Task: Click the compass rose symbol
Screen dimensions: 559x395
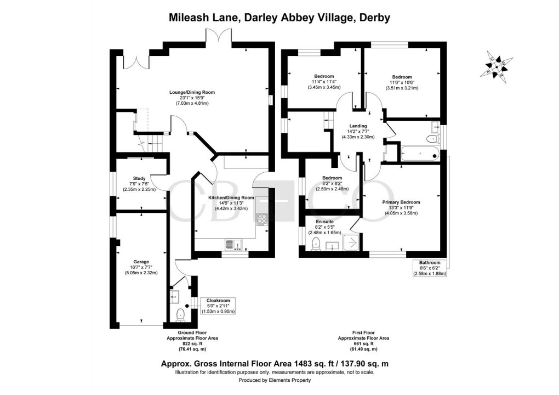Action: (497, 66)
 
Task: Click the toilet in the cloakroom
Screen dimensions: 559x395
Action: (180, 314)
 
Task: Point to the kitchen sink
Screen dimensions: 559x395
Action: (233, 245)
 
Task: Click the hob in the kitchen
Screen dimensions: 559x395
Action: (261, 219)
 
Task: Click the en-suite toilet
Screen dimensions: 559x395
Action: (316, 244)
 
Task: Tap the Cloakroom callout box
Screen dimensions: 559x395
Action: (218, 306)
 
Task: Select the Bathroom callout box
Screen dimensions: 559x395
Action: (430, 268)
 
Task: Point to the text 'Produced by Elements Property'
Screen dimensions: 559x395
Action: (275, 380)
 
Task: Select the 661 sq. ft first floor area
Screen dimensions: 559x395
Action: (364, 343)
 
